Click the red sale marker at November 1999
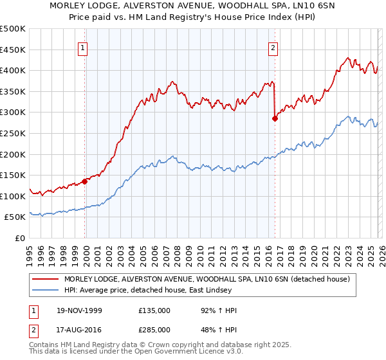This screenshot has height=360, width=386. click(85, 181)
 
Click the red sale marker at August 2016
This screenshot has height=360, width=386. click(275, 119)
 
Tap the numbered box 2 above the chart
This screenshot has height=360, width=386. click(273, 47)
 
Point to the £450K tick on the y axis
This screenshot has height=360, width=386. click(13, 50)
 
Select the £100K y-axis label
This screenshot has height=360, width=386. click(13, 196)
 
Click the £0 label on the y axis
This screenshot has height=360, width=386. click(20, 238)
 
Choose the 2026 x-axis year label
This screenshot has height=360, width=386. click(381, 255)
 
